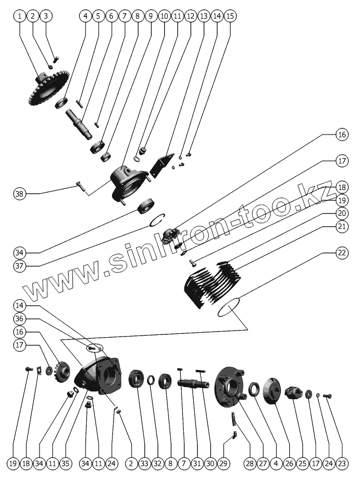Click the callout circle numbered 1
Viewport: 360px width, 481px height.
click(20, 16)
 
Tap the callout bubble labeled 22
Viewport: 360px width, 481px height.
click(342, 253)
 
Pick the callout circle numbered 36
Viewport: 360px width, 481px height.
click(20, 318)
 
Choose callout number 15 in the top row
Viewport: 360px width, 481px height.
click(230, 16)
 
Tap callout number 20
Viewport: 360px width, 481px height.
click(342, 213)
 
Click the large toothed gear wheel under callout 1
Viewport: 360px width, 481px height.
click(48, 87)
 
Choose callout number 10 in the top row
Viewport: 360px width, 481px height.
click(164, 16)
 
